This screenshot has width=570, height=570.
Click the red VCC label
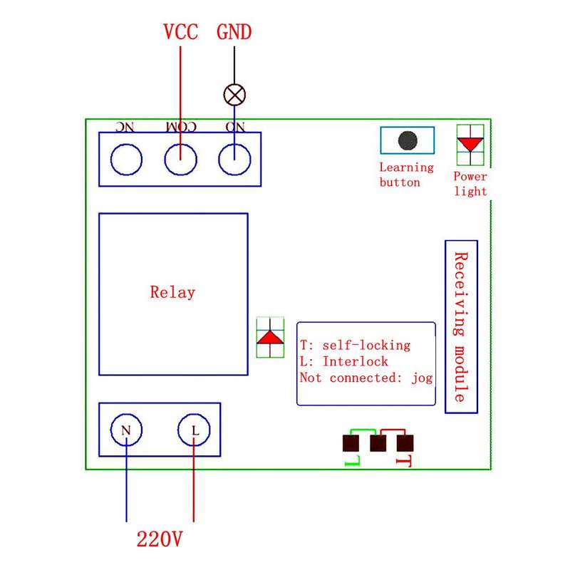[x=181, y=31]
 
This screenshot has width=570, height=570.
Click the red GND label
[x=234, y=31]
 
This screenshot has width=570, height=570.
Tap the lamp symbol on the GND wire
[x=234, y=95]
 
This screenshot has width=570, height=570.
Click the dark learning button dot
[x=408, y=140]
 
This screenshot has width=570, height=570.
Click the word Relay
[x=172, y=293]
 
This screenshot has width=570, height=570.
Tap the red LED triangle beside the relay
[x=270, y=337]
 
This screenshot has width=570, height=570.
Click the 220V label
[x=159, y=539]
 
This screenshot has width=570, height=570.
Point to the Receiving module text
[x=461, y=327]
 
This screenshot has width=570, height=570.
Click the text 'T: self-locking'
[x=355, y=346]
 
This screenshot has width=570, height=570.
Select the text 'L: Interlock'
[x=344, y=361]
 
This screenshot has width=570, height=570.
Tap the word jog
[x=422, y=378]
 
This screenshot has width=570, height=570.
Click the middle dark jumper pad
[x=378, y=443]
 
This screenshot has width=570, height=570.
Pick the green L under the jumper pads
[x=352, y=461]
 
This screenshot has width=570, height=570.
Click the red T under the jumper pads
[x=404, y=461]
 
